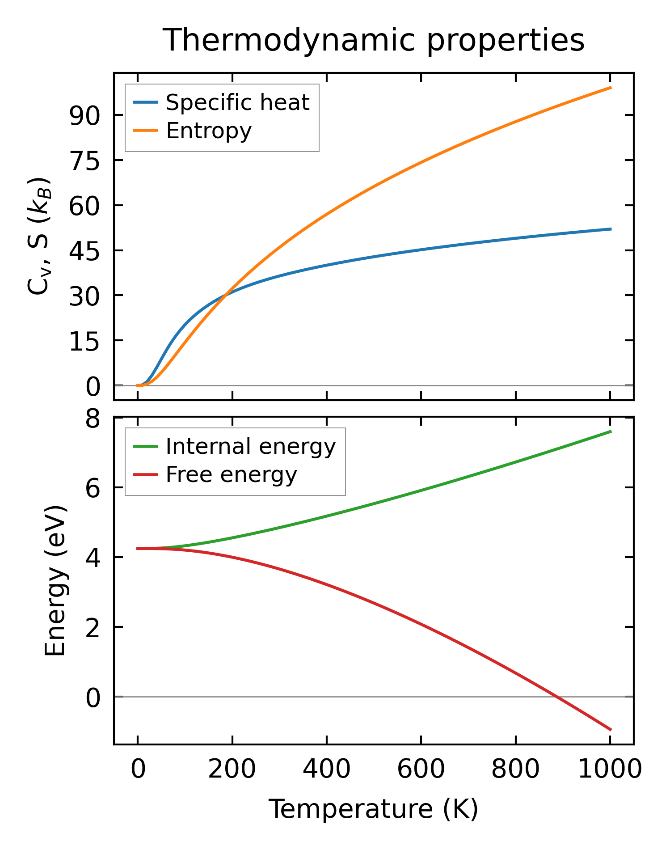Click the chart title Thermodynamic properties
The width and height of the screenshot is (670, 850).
click(x=374, y=41)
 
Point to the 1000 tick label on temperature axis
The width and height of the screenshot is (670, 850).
click(x=610, y=770)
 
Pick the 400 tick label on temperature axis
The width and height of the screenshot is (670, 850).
click(x=327, y=770)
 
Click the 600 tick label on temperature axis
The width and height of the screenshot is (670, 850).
click(x=421, y=770)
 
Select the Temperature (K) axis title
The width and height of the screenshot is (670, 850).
click(x=374, y=809)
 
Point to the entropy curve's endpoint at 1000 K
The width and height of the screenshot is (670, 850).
click(x=611, y=88)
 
